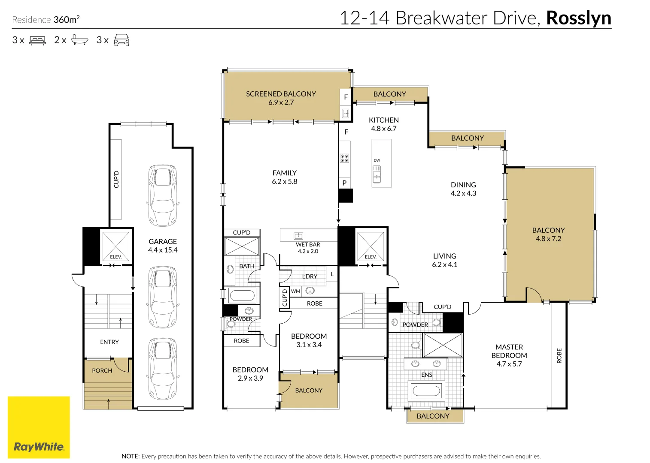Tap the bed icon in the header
[x=37, y=41]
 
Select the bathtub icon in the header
[x=79, y=40]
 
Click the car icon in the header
[x=121, y=40]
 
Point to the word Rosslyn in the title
[x=578, y=18]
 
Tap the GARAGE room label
[x=163, y=242]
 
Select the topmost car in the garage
[x=163, y=195]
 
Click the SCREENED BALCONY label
[x=281, y=94]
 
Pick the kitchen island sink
[x=377, y=174]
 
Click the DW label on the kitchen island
[x=377, y=160]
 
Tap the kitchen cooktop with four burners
[x=344, y=158]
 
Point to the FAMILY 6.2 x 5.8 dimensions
[x=284, y=182]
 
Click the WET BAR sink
[x=298, y=236]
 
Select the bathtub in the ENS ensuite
[x=426, y=391]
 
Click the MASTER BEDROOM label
[x=509, y=351]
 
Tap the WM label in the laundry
[x=296, y=291]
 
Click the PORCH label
[x=102, y=371]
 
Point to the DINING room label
[x=463, y=185]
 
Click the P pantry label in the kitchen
[x=344, y=183]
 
